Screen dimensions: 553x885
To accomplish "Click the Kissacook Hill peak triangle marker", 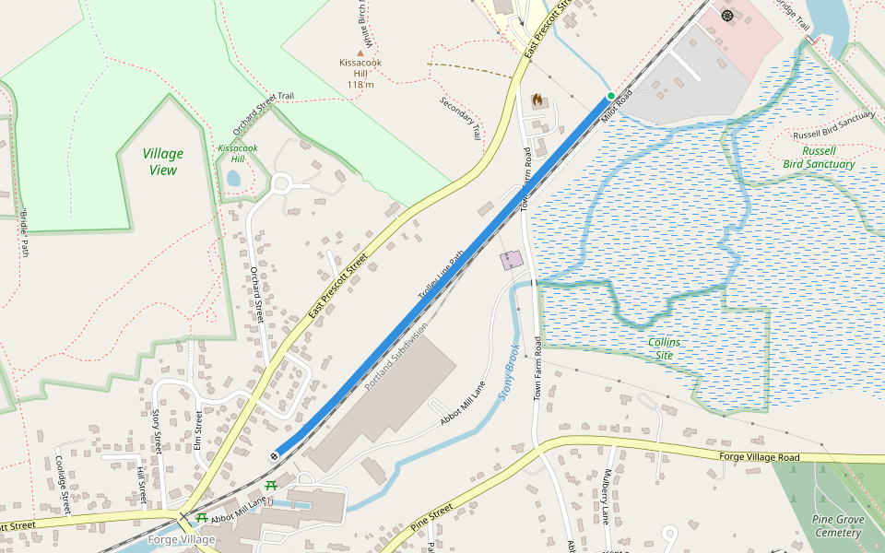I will pos(360,53).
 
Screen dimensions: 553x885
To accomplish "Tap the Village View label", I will pos(163,161).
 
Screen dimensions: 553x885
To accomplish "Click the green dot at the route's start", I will pos(610,96).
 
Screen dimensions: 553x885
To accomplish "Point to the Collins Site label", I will pos(664,348).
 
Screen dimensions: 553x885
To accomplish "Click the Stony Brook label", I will pos(508,371).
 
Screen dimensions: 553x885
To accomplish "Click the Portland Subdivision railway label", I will pos(396,355).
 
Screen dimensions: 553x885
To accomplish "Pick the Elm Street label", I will pos(198,431).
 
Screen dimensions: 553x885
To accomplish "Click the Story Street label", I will pos(157,431).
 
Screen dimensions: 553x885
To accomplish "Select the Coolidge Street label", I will pos(63,484).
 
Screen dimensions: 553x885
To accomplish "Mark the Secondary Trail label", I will pos(461,118).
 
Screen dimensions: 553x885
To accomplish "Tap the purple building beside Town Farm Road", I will pos(511,260).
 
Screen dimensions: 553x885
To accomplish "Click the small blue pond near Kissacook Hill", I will pos(233,178).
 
